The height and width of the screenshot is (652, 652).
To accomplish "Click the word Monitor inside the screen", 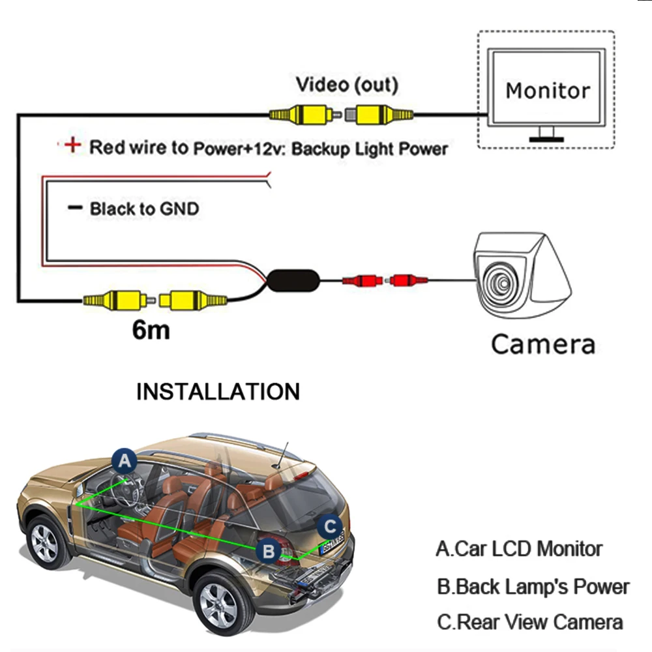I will click(547, 90).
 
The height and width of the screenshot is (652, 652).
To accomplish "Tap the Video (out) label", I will click(346, 85).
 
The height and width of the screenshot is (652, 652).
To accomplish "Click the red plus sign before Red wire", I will click(72, 145).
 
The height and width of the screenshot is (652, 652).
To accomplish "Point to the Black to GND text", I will click(143, 209).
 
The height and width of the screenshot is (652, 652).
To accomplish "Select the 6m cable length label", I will click(151, 330).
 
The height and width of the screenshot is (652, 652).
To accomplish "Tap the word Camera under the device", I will click(542, 344).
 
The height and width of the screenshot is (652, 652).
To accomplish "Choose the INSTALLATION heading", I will click(218, 392).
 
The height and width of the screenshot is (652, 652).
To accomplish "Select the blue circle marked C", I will click(331, 526).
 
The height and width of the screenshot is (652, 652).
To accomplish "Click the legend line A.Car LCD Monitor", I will click(519, 548).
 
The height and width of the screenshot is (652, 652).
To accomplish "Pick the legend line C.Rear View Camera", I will click(529, 622).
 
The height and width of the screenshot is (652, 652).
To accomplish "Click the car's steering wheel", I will click(128, 486).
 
